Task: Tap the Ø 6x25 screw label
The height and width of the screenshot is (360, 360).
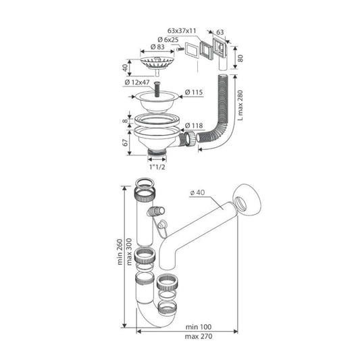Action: coord(168,39)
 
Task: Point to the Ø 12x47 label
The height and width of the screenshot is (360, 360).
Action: coord(137,82)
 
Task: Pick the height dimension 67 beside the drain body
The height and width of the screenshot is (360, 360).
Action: coord(125,143)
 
